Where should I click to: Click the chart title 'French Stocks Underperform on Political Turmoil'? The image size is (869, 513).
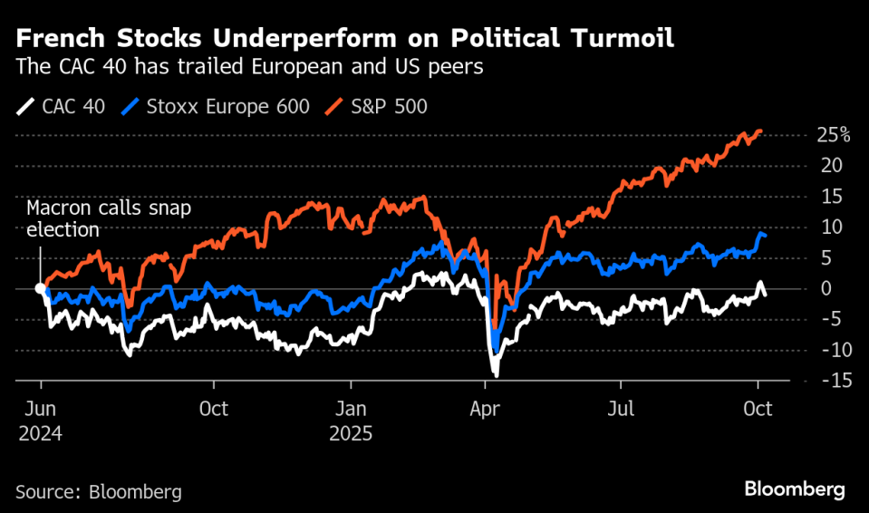click(x=343, y=40)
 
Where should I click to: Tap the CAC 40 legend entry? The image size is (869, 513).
click(x=63, y=107)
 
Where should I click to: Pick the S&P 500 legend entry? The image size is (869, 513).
click(x=380, y=107)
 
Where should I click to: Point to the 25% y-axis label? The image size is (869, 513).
click(x=832, y=136)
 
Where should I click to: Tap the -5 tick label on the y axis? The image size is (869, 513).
click(x=829, y=319)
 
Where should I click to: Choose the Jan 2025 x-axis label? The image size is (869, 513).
click(x=350, y=421)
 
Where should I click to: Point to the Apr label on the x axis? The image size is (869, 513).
click(x=485, y=409)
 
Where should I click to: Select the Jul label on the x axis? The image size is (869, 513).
click(x=621, y=409)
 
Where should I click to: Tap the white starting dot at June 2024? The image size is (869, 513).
click(x=40, y=288)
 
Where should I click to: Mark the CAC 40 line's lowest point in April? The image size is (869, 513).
click(x=496, y=373)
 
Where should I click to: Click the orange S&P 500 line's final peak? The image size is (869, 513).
click(x=759, y=131)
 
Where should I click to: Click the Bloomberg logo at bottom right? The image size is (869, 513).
click(x=795, y=489)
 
